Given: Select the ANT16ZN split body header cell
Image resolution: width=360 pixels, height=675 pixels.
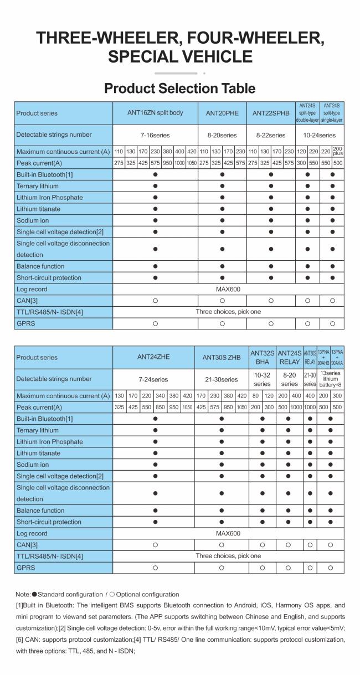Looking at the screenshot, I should click(156, 113).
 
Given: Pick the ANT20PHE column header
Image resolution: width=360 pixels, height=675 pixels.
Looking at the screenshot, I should click(222, 113).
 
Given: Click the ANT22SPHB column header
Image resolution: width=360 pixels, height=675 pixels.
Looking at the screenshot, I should click(271, 113).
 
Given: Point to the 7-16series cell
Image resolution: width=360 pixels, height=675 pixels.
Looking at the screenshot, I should click(156, 135).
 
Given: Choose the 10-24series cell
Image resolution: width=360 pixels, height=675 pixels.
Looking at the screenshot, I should click(320, 135).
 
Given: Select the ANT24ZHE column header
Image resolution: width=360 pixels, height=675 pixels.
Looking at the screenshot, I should click(153, 358).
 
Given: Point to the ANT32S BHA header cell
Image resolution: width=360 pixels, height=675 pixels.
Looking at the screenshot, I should click(261, 358).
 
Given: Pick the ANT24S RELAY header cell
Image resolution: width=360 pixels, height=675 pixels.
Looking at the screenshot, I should click(289, 358).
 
